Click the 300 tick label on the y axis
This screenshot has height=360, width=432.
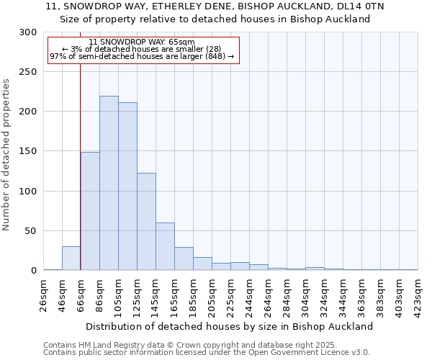[28, 32]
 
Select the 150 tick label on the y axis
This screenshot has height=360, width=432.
[28, 152]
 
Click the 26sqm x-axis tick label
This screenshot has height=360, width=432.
[44, 293]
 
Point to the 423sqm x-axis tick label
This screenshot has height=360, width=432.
[418, 293]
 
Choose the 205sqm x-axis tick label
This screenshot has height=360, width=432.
[212, 293]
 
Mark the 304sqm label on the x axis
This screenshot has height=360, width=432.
[306, 293]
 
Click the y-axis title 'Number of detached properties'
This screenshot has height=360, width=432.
[6, 155]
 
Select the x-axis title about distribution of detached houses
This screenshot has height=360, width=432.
[230, 326]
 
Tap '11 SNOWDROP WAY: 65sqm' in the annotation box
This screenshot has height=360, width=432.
[143, 42]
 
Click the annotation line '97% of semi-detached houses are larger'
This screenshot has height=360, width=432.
[142, 57]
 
